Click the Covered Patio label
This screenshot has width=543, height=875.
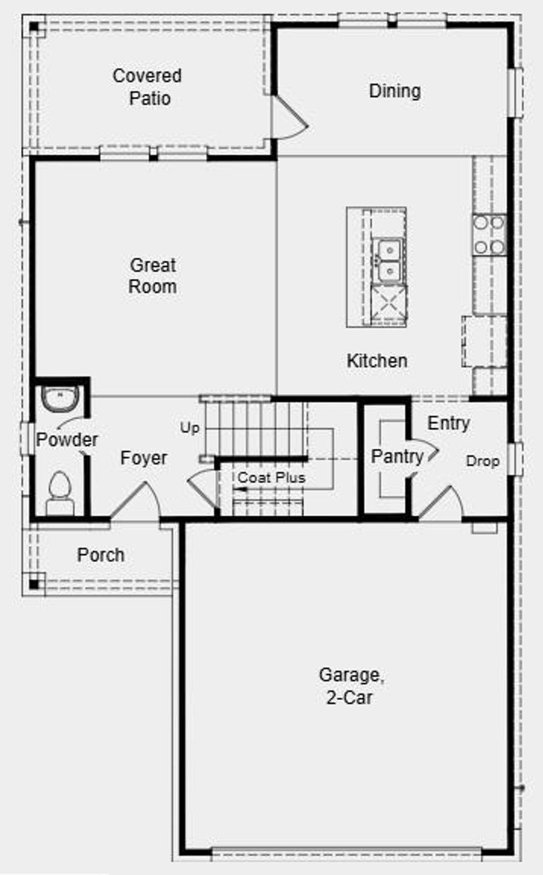(x=147, y=87)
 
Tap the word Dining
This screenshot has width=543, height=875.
(x=395, y=91)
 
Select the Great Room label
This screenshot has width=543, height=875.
(x=153, y=276)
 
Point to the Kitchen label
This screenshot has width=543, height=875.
(x=377, y=361)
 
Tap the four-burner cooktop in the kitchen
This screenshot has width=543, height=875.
(x=489, y=235)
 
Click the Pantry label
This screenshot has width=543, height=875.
(x=397, y=457)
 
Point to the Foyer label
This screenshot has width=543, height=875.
(x=144, y=458)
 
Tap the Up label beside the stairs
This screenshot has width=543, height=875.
(x=189, y=428)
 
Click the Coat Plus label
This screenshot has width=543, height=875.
(x=271, y=478)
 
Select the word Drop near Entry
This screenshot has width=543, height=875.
(x=483, y=461)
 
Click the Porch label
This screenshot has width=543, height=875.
(x=101, y=555)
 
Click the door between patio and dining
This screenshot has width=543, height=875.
(x=289, y=119)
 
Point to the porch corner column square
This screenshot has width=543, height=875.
(x=34, y=585)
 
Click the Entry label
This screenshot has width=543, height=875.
(x=449, y=423)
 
